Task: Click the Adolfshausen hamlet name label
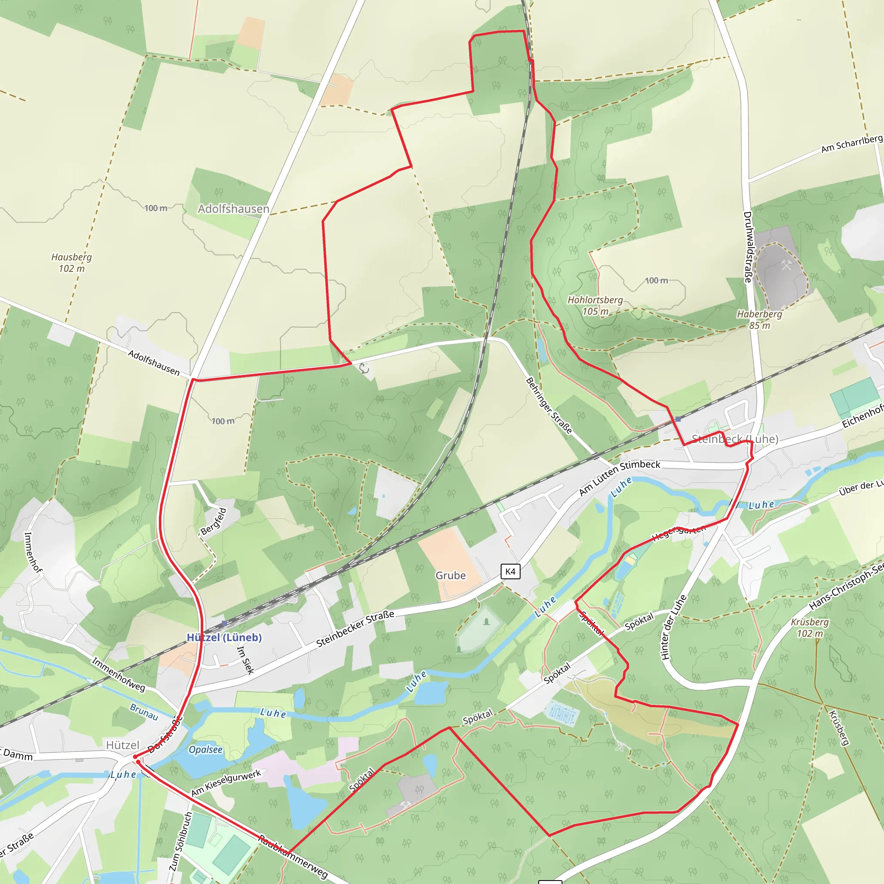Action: point(234,209)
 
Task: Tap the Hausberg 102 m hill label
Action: point(71,262)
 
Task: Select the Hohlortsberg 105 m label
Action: point(595,306)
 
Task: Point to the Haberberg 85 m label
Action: point(759,319)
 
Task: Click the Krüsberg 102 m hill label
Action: point(809,628)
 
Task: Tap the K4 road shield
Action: point(510,571)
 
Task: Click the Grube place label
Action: point(450,576)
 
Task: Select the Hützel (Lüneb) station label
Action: point(224,638)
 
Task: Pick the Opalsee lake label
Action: point(205,749)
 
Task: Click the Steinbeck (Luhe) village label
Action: point(735,439)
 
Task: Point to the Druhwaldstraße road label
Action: point(748,246)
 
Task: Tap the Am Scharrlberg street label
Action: point(851,144)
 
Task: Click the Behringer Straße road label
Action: point(549,405)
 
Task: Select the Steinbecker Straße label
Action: point(355,628)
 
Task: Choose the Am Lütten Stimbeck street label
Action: point(620,477)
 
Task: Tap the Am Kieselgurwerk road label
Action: point(226,783)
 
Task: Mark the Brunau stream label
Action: point(144,712)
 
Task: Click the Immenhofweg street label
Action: point(119,674)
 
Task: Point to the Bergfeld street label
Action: point(214,521)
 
